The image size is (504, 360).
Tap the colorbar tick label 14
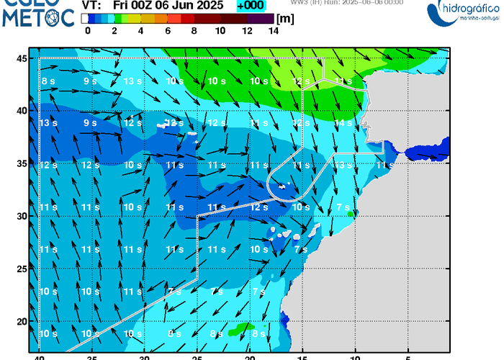click(274, 31)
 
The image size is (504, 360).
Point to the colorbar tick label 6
click(167, 31)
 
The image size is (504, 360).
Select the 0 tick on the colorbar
click(87, 31)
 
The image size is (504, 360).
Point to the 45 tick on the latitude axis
click(22, 58)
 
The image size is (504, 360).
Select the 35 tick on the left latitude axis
click(22, 163)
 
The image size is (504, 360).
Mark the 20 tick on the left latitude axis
click(22, 321)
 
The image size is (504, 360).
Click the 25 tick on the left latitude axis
click(22, 269)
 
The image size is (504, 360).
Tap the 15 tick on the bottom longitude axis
click(303, 356)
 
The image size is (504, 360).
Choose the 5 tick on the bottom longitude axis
click(408, 356)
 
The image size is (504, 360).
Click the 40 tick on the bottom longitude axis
click(40, 356)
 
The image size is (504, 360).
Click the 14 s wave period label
click(343, 123)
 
